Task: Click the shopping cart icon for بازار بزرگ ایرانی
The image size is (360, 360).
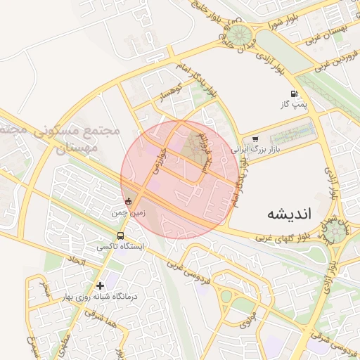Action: point(255,139)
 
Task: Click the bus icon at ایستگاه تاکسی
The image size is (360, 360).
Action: point(121,236)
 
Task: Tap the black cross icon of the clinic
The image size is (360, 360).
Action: point(101,285)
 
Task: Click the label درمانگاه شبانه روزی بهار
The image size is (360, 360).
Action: point(102,296)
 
